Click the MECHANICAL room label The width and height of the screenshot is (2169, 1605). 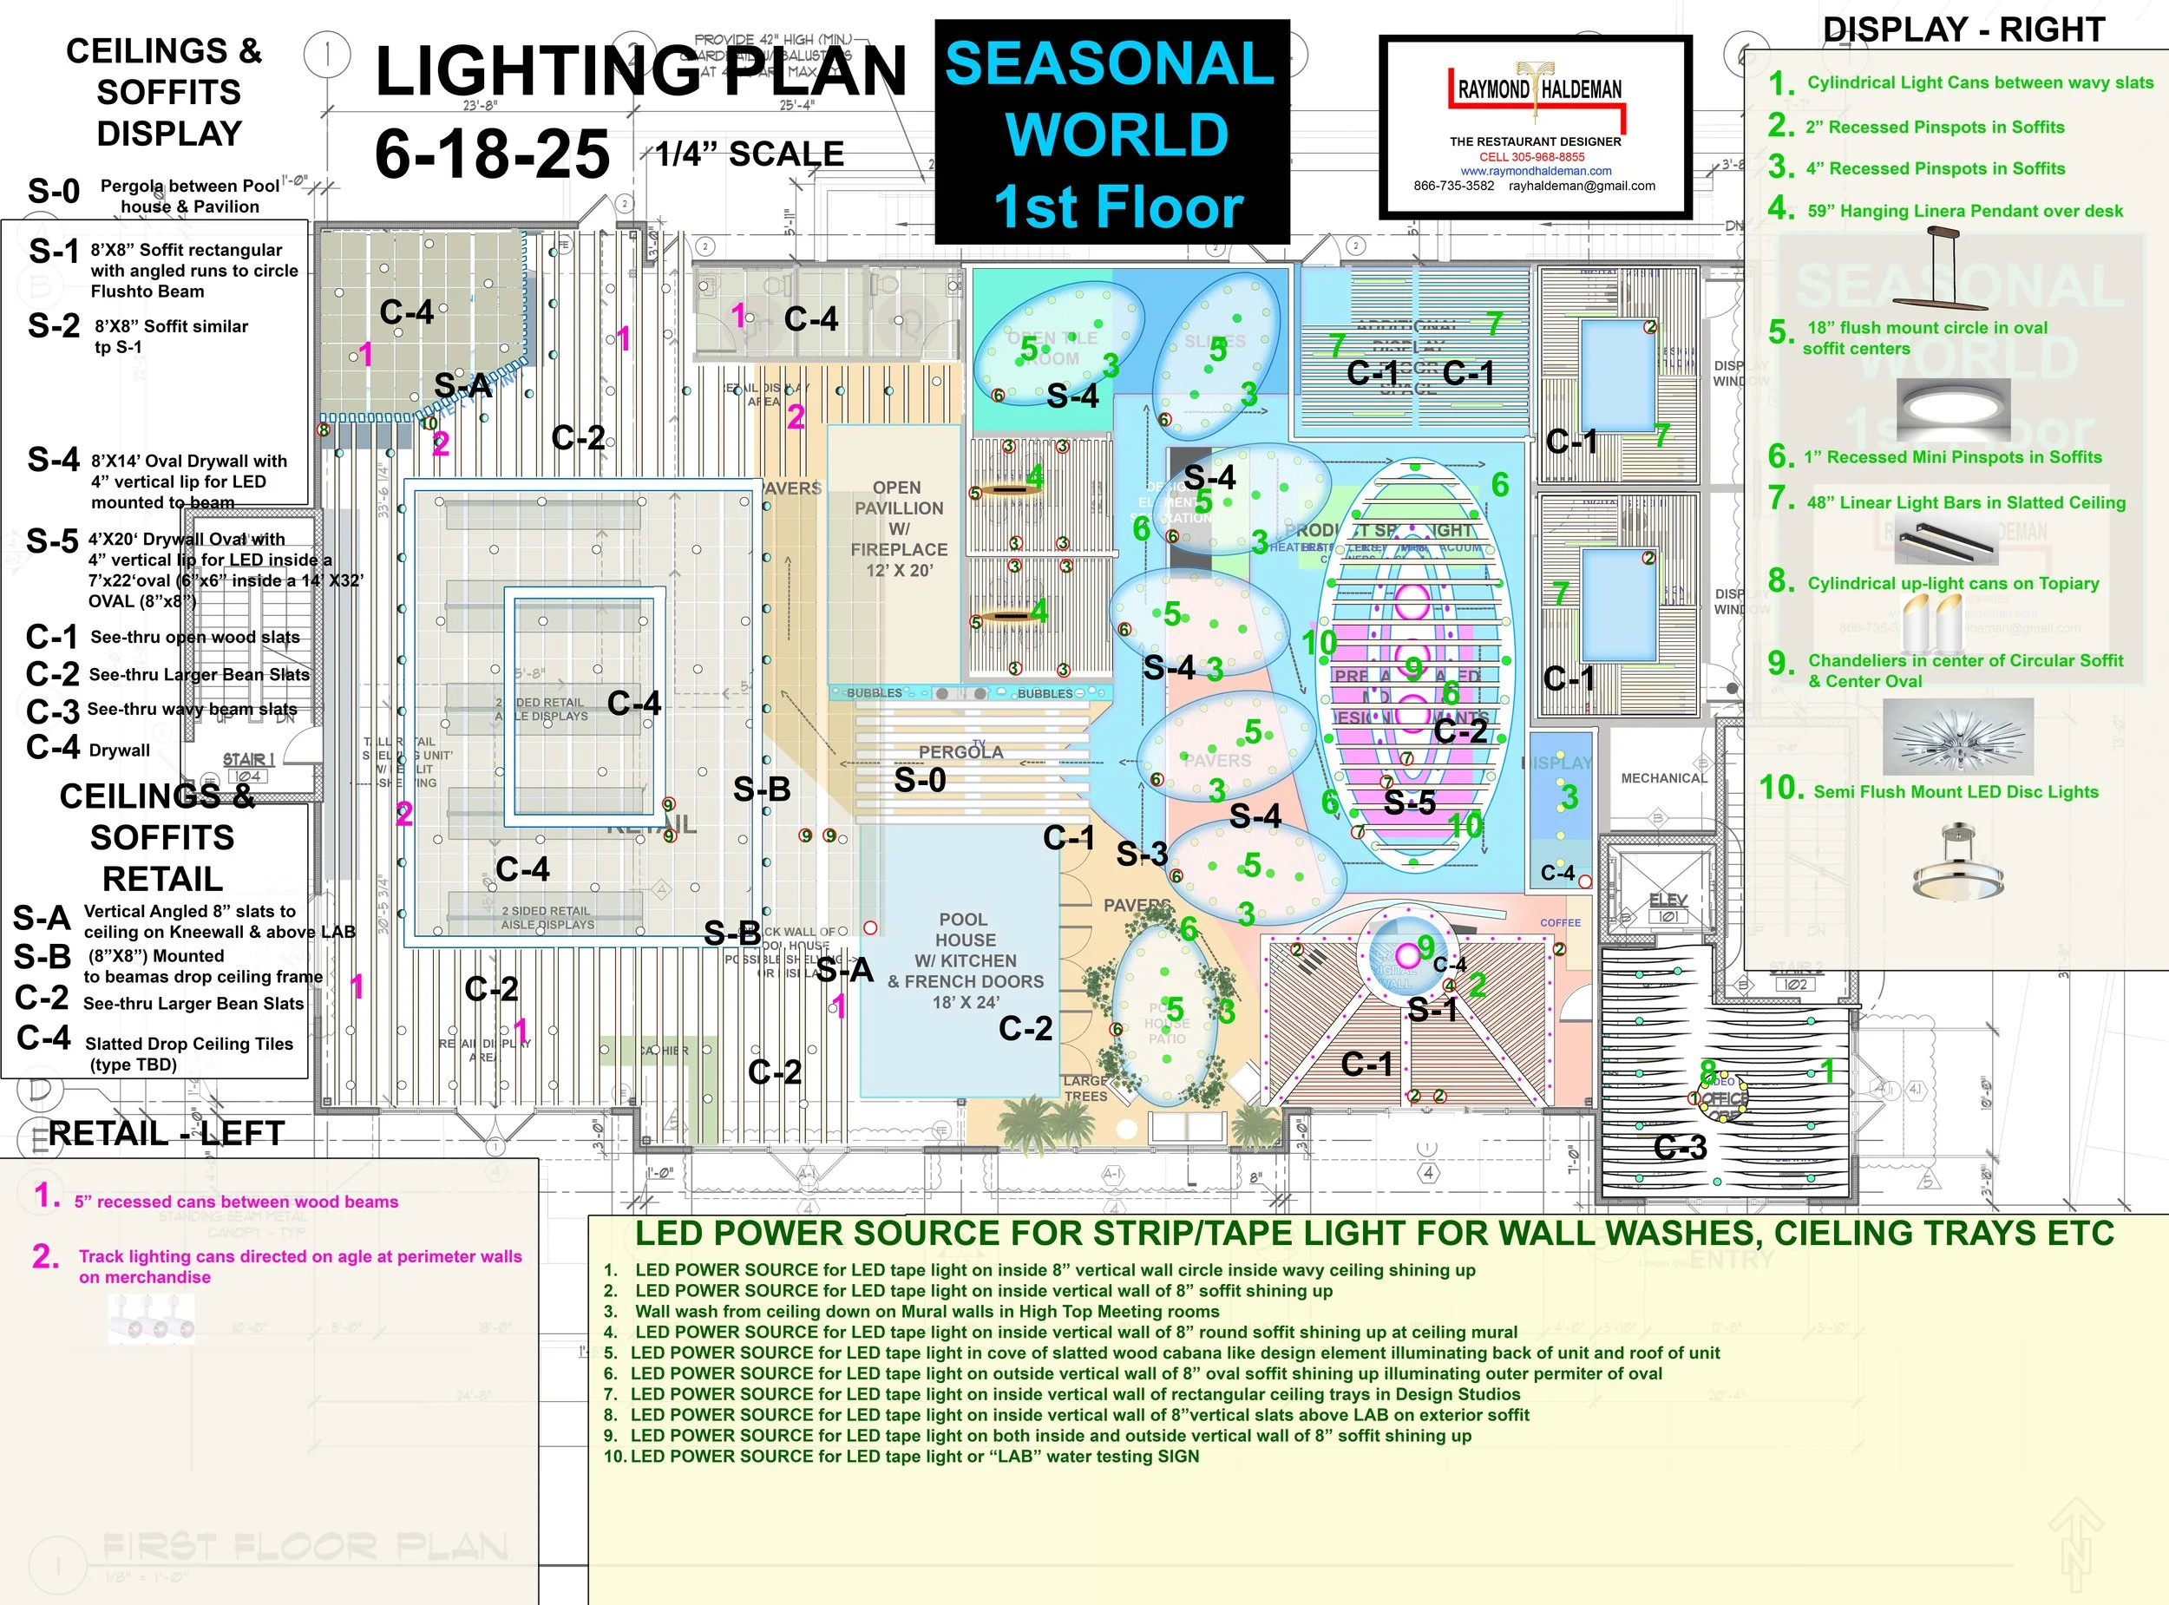pos(1664,778)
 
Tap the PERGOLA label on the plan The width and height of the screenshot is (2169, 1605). pos(960,752)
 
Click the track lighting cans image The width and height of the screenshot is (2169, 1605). pos(152,1321)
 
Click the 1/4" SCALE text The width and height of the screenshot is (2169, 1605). pos(749,154)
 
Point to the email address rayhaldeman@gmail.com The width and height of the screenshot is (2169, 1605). pos(1582,186)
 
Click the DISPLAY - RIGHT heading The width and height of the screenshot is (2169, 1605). pos(1963,30)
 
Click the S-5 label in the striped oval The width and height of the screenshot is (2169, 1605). pos(1409,802)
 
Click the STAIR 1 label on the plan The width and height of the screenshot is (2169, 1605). pos(249,759)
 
